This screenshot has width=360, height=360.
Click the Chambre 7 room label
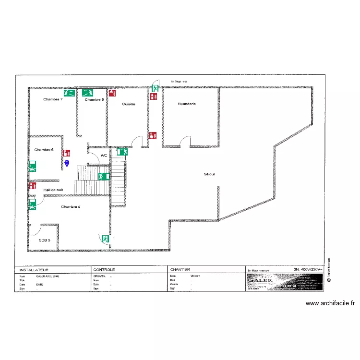(x=53, y=99)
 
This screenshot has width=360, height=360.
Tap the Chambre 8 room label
(x=94, y=99)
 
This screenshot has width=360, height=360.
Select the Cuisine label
(x=129, y=104)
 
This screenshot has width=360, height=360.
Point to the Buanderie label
(x=187, y=104)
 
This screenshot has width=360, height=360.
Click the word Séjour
(x=209, y=174)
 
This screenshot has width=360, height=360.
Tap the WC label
(x=104, y=156)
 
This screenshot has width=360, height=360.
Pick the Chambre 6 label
(x=44, y=150)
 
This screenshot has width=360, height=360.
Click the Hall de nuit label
(x=53, y=190)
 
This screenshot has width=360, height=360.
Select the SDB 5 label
(x=45, y=240)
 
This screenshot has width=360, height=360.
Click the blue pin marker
(x=67, y=163)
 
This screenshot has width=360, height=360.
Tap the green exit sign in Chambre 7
(x=69, y=93)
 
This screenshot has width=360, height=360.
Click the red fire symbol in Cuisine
(x=112, y=93)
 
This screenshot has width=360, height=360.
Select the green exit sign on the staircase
(x=103, y=176)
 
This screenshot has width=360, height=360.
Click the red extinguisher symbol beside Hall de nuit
(x=33, y=186)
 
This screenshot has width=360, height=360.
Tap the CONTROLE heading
(x=104, y=270)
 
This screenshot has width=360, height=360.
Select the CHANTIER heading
(x=180, y=270)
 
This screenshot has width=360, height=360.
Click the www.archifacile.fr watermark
(x=330, y=303)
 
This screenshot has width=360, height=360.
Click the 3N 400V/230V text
(x=308, y=269)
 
